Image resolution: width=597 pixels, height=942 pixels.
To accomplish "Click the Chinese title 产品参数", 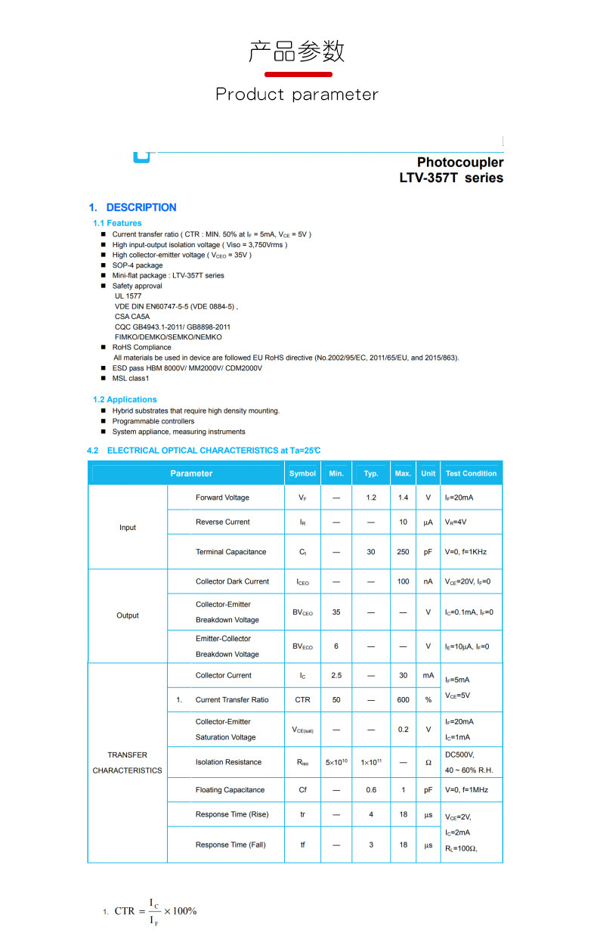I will click(x=297, y=51).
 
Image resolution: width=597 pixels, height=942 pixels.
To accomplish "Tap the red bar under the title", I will click(x=298, y=74).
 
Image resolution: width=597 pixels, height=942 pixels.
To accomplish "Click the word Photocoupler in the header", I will click(x=459, y=162).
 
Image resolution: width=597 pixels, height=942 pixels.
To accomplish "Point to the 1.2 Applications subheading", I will click(x=125, y=399).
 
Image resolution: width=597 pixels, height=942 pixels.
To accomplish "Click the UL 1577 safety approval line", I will click(x=128, y=296).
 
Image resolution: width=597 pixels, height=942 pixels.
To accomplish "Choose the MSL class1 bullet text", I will click(x=131, y=378).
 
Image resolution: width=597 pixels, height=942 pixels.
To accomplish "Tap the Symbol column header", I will click(x=302, y=473).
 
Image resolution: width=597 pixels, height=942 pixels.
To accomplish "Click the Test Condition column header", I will click(x=471, y=473).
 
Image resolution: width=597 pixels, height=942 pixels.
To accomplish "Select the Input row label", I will click(x=128, y=528).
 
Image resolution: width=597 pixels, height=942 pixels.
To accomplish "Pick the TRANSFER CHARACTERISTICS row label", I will click(x=127, y=762).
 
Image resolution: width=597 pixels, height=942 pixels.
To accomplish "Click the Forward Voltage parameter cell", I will click(x=222, y=497).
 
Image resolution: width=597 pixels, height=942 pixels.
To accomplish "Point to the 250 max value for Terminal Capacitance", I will click(x=403, y=552).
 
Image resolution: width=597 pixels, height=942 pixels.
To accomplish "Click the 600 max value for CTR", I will click(x=403, y=700).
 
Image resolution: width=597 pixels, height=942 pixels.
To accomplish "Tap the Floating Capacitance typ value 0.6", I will click(x=371, y=790).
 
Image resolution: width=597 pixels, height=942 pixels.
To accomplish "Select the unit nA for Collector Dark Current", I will click(x=428, y=581).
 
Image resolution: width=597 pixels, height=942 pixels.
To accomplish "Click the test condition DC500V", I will click(x=459, y=755).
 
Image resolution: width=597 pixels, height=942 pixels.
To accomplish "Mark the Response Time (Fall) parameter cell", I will click(x=230, y=844).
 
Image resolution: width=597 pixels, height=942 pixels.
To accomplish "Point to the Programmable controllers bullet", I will click(x=153, y=421).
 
